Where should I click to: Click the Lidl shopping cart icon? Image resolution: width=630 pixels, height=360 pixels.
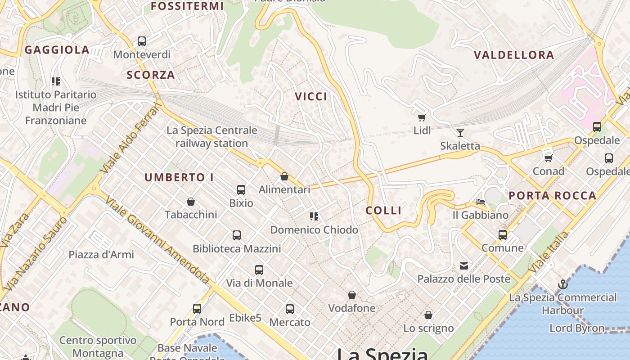pos(422,118)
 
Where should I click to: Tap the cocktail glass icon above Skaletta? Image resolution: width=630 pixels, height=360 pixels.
pos(460,132)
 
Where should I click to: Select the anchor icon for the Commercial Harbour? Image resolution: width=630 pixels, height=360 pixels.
pos(562,284)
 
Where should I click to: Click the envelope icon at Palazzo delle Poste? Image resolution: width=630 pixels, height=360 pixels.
pos(464,266)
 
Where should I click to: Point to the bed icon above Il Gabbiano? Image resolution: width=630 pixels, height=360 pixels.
pos(481,202)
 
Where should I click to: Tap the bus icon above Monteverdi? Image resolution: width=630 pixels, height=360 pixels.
pos(142,41)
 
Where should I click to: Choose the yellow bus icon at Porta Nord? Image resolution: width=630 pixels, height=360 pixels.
pos(197,309)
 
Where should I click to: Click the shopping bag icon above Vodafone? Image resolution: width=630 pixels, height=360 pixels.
pos(352,295)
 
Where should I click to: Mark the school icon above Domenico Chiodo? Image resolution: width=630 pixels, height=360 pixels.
pos(314,216)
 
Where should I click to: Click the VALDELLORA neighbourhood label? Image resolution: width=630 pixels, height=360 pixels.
pos(514,55)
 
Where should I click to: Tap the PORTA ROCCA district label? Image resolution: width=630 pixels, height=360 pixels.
pos(553,196)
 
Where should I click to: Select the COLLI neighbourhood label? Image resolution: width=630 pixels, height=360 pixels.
pos(383,211)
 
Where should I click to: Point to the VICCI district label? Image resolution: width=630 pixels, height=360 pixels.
pos(311,96)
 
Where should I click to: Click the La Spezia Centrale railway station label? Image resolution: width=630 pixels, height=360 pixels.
pos(212,137)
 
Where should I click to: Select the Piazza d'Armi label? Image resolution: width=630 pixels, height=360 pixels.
pos(101,255)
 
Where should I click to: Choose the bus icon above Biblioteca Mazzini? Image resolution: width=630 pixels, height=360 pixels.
pos(237,235)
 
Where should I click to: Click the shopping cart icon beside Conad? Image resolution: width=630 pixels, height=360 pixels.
pos(548,158)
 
